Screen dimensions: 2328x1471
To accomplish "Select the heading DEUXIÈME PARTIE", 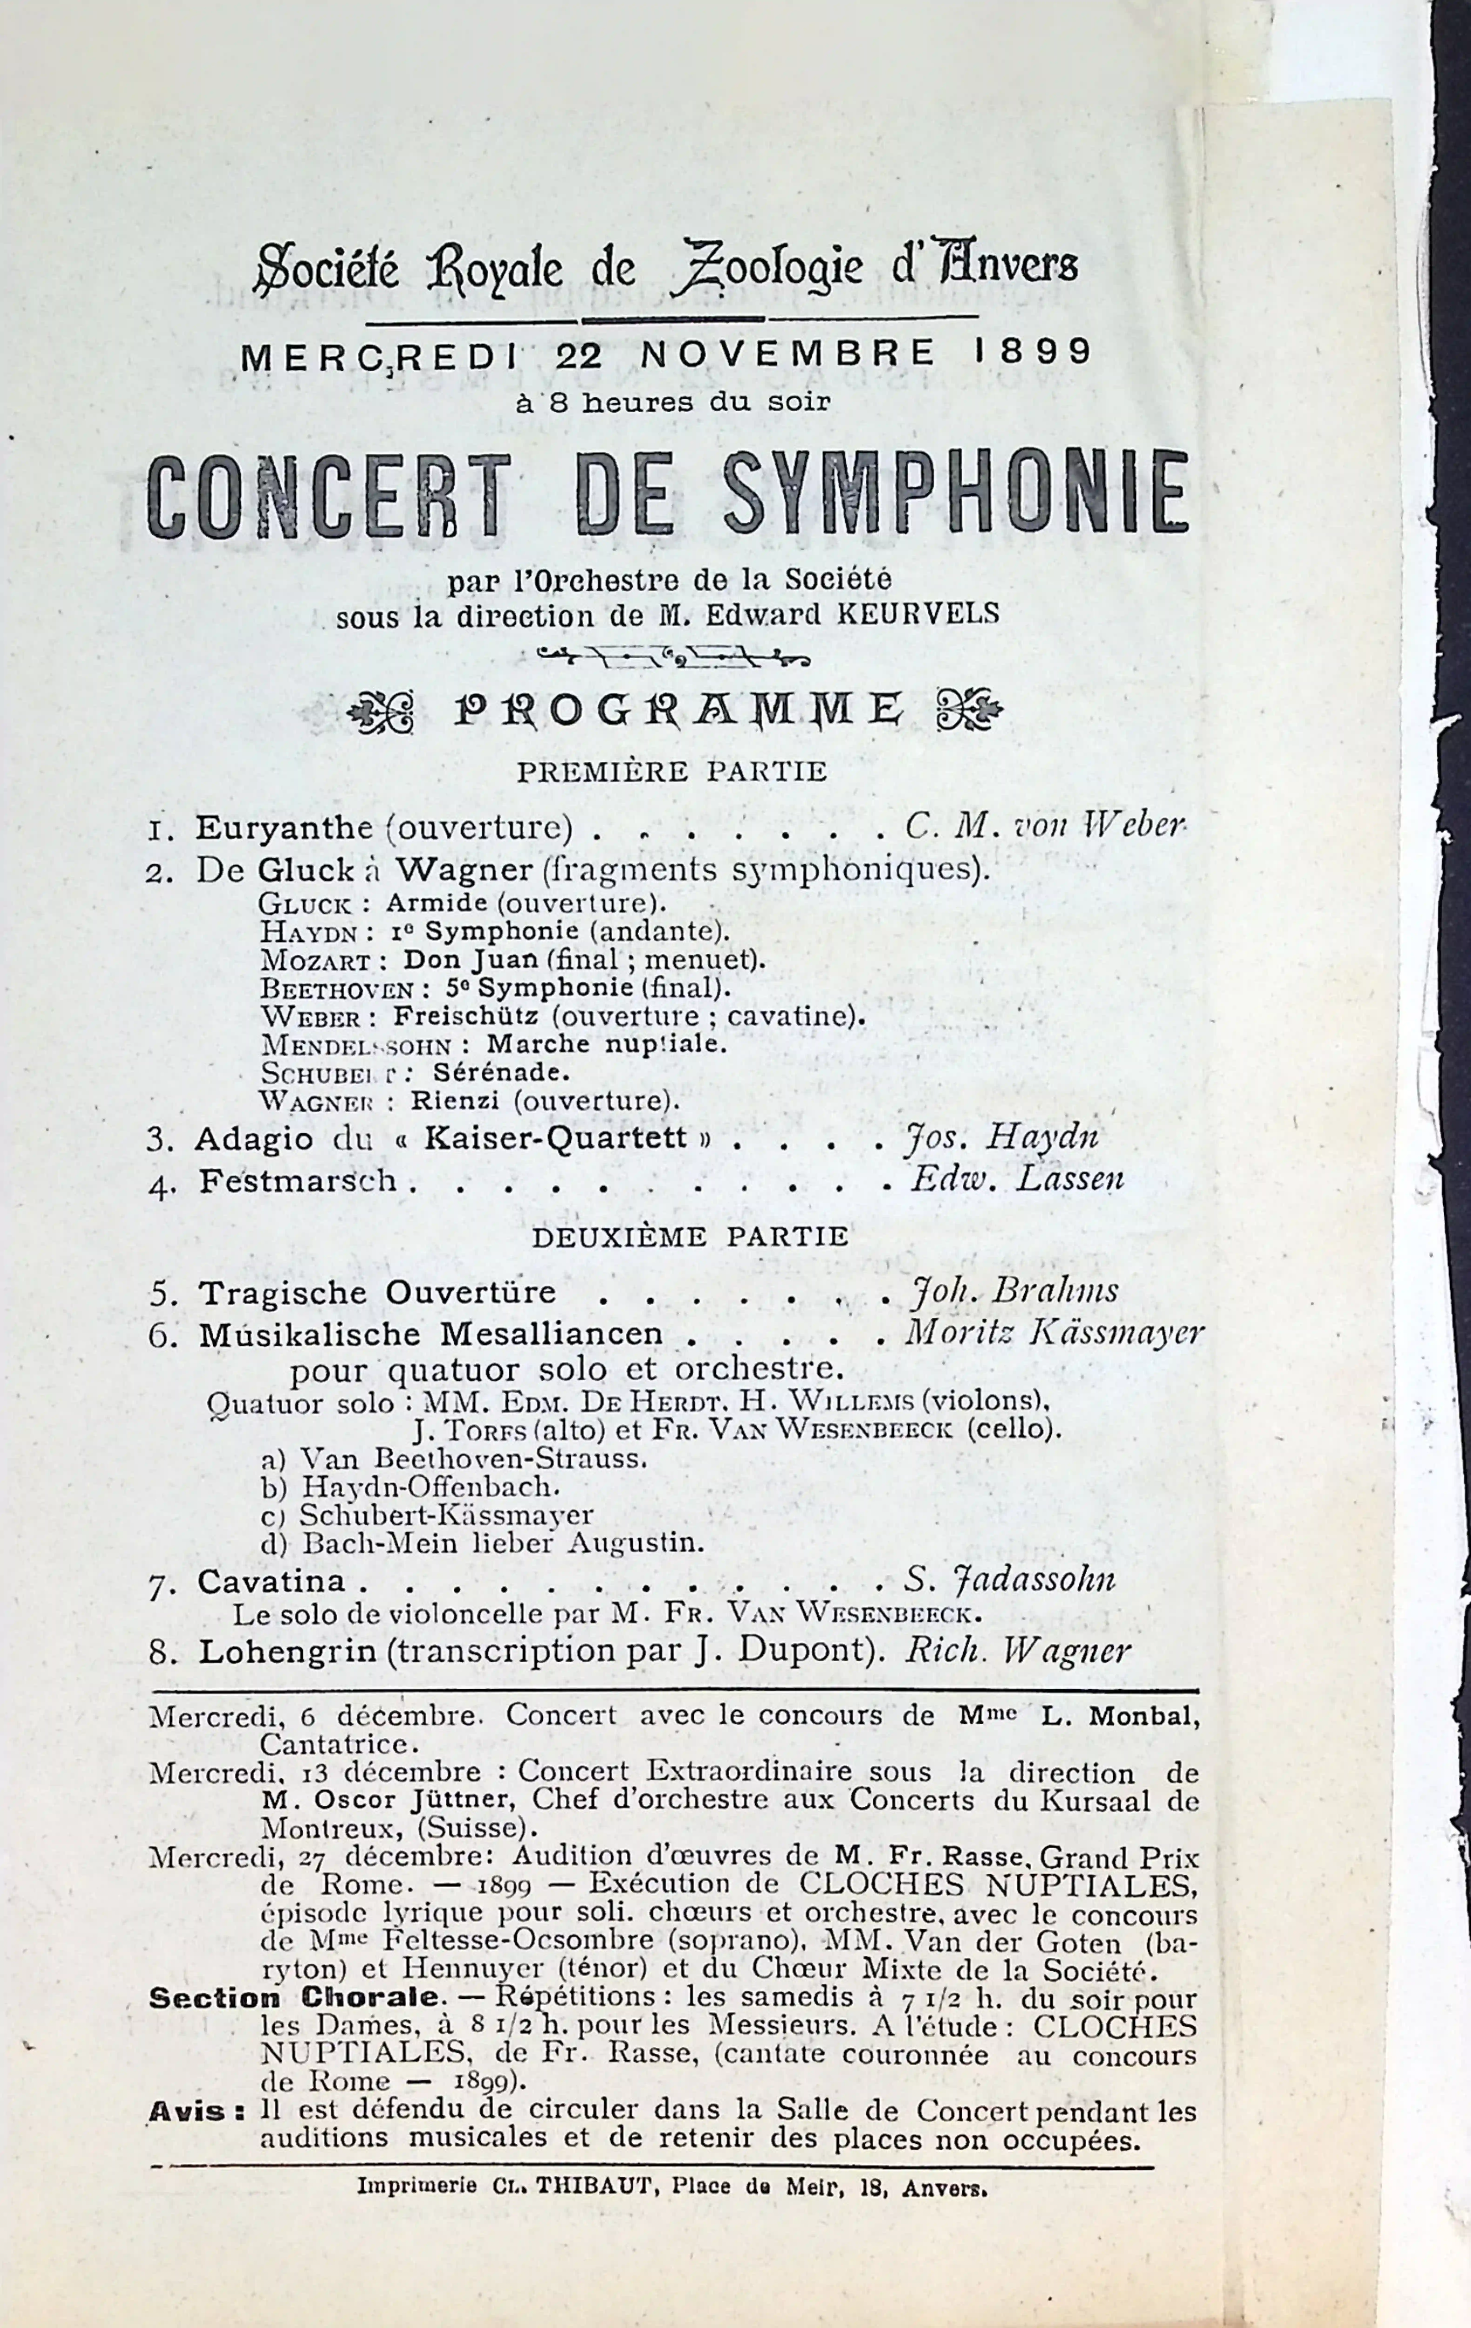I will (x=690, y=1236).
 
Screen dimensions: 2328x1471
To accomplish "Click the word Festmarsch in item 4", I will (x=298, y=1181).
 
